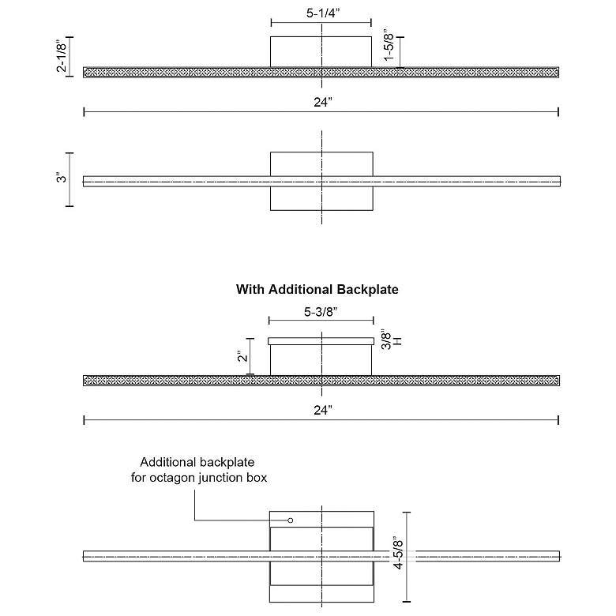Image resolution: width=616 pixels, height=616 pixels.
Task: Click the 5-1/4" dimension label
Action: [x=321, y=13]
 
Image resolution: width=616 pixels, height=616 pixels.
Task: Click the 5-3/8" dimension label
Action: [x=321, y=312]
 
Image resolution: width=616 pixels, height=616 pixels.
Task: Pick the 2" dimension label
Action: [x=242, y=356]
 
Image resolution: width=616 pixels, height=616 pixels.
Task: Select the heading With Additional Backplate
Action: [x=317, y=290]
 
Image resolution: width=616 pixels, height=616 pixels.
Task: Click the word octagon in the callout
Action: [x=175, y=478]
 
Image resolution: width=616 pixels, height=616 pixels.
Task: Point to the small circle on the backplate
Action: [x=291, y=520]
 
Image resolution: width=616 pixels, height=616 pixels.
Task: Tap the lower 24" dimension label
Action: [x=321, y=409]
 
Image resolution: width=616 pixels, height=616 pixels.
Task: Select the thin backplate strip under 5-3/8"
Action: [x=321, y=341]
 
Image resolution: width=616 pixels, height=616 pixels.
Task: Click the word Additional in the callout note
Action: [x=167, y=463]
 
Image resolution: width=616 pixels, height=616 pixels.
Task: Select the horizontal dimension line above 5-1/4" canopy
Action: [x=321, y=24]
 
